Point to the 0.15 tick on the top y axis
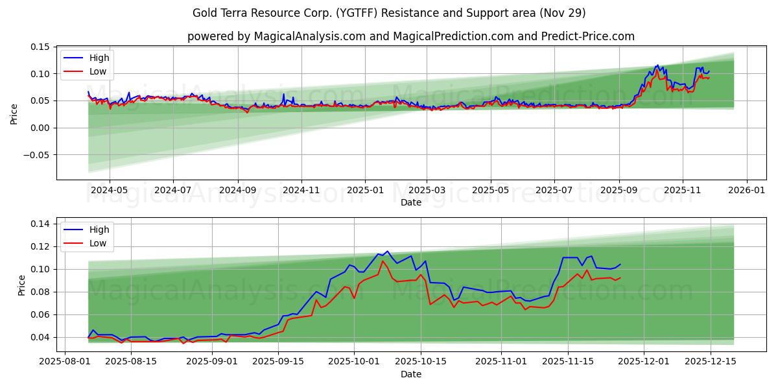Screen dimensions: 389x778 click(x=40, y=47)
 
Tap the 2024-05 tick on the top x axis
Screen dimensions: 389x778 click(x=109, y=191)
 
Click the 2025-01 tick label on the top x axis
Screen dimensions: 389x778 click(x=364, y=191)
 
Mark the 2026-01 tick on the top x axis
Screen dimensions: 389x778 click(x=747, y=191)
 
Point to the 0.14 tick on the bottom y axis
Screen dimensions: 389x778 click(x=40, y=224)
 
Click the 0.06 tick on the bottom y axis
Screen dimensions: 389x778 click(x=40, y=314)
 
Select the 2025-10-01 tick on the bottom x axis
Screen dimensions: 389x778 click(x=354, y=361)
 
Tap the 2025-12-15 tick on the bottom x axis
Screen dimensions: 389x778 click(x=710, y=361)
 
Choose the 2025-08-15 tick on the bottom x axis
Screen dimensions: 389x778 click(x=131, y=361)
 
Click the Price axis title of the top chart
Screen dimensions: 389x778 click(x=14, y=115)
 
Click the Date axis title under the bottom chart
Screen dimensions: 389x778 click(x=411, y=374)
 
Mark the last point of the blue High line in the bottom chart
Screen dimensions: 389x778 click(x=620, y=264)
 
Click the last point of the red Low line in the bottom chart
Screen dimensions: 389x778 click(x=620, y=277)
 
